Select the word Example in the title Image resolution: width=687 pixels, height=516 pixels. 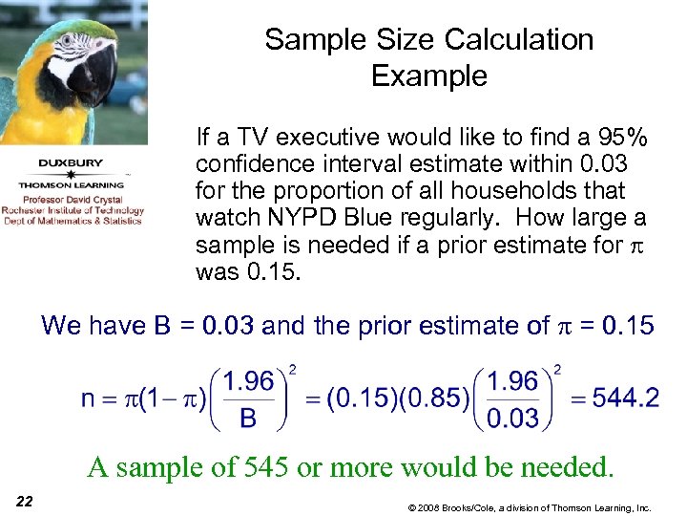429,75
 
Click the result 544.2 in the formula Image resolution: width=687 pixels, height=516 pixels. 625,398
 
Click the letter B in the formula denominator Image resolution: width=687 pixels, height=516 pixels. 247,418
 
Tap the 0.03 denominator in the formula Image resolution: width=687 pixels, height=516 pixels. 512,418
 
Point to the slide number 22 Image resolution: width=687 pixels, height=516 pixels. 25,502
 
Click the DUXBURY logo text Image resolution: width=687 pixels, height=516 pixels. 73,162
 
